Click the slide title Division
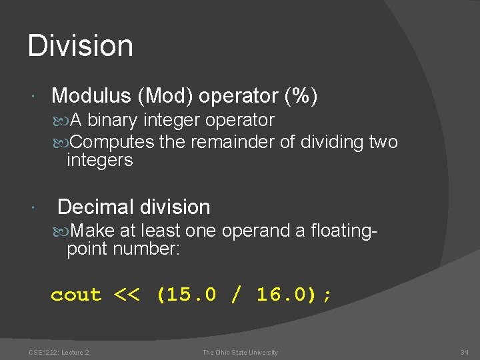81,46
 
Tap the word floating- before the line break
344,231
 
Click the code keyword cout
76,295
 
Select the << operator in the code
127,295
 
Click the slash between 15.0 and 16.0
237,295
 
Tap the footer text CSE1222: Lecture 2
59,352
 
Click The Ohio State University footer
240,352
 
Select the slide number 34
465,352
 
